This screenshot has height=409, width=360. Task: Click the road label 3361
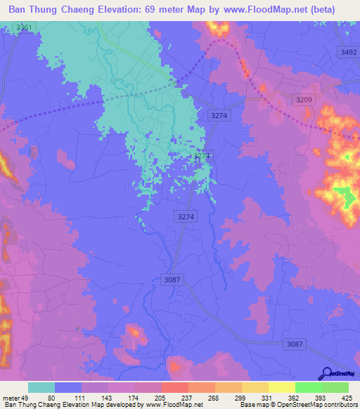24,27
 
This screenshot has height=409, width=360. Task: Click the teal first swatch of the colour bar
41,388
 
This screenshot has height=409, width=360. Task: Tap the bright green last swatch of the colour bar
335,388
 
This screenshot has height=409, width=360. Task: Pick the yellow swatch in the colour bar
282,388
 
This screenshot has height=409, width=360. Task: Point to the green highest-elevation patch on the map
345,195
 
